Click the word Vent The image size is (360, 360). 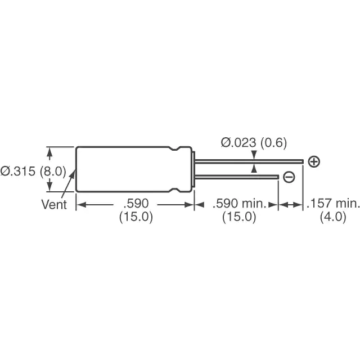coord(54,204)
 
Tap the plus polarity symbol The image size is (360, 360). coord(314,162)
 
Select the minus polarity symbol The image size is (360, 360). coord(289,177)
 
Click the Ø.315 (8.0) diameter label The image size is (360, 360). coord(33,171)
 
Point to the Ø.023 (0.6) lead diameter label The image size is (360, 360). coord(254,142)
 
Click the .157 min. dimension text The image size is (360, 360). coord(332,204)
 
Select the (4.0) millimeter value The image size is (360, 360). coord(333,217)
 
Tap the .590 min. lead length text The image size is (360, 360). coord(240,204)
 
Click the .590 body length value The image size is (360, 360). coord(136,204)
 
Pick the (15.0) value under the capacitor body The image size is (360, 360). coord(136,217)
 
